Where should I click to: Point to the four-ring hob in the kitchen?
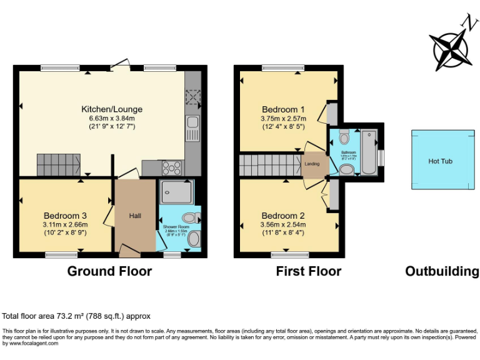click(172, 167)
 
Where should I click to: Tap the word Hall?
click(135, 216)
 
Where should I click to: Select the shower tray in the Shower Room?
click(176, 192)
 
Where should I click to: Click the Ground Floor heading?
click(109, 271)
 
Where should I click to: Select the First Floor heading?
click(309, 271)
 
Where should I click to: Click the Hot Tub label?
click(440, 161)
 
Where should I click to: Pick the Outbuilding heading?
click(442, 271)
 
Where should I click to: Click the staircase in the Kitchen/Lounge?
click(58, 164)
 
